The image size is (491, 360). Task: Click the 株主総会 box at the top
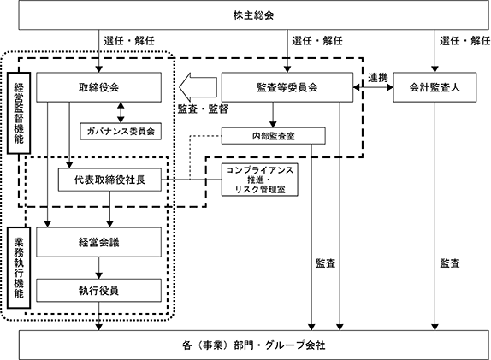click(x=254, y=15)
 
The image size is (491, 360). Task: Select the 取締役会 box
click(x=99, y=87)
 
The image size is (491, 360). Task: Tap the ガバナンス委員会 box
click(x=121, y=131)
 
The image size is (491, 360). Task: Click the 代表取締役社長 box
click(x=109, y=180)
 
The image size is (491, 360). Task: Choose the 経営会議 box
click(x=99, y=242)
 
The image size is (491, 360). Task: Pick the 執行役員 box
click(x=99, y=291)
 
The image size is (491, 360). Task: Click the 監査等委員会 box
click(x=287, y=87)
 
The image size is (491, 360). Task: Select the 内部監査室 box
click(x=274, y=136)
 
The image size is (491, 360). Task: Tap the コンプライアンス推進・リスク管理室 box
click(x=260, y=180)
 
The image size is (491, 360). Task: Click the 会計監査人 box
click(x=435, y=87)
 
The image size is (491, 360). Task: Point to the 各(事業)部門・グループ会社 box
click(x=254, y=345)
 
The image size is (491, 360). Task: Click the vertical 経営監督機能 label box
click(x=19, y=113)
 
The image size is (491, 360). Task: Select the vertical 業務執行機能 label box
click(x=19, y=268)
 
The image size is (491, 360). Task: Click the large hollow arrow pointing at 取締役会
click(x=198, y=87)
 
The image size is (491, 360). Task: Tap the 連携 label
click(x=378, y=78)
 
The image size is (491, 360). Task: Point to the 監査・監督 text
click(x=203, y=109)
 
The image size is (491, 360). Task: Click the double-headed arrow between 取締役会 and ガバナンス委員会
click(x=121, y=112)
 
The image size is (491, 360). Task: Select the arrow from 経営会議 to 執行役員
click(x=99, y=268)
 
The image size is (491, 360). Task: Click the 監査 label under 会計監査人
click(x=450, y=263)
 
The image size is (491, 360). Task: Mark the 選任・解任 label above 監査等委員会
click(x=317, y=41)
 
